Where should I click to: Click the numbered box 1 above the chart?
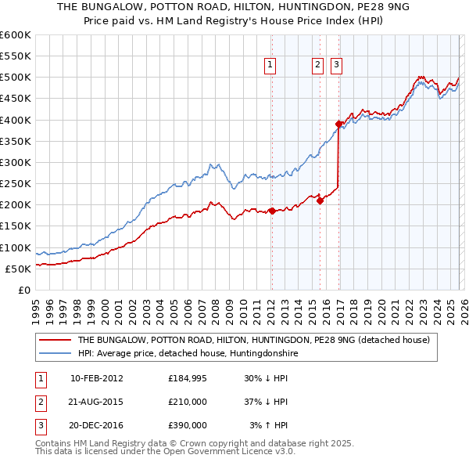click(270, 65)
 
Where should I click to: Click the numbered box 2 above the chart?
click(318, 65)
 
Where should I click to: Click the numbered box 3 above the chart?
click(336, 65)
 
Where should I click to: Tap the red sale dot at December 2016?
click(339, 124)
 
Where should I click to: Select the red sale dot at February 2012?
click(272, 211)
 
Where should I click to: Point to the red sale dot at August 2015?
click(320, 200)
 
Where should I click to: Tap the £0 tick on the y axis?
click(25, 290)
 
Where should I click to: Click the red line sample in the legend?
click(55, 341)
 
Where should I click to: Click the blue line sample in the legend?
click(55, 354)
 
